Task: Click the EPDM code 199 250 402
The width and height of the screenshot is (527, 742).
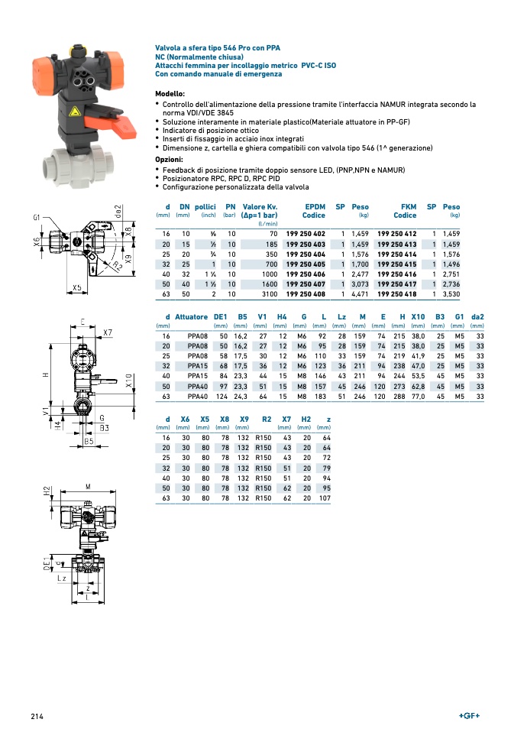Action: [x=306, y=234]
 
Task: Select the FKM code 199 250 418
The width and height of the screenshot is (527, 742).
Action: [x=397, y=294]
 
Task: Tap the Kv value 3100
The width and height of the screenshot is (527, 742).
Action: [x=270, y=294]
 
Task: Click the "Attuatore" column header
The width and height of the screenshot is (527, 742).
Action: [x=191, y=317]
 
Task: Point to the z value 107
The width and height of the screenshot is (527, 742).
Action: [x=325, y=498]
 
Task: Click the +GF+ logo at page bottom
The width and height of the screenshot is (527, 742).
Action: [x=469, y=716]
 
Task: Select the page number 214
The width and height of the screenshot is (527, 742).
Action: [x=37, y=717]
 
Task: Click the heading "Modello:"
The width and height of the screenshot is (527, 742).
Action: [x=170, y=94]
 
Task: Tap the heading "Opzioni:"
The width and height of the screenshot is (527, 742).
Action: [x=169, y=160]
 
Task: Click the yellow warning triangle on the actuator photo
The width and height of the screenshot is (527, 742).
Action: [x=74, y=112]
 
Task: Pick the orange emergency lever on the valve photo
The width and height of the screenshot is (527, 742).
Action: [x=112, y=122]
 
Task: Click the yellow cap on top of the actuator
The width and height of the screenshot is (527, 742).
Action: [x=74, y=49]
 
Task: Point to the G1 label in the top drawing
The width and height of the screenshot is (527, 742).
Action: [x=37, y=218]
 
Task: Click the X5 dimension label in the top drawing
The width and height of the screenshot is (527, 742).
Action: [x=76, y=288]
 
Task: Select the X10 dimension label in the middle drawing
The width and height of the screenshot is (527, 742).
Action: [x=129, y=381]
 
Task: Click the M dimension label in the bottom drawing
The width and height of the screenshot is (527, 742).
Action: [x=88, y=487]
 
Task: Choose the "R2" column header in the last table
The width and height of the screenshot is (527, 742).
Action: [x=267, y=420]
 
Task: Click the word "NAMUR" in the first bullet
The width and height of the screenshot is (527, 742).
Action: [x=393, y=105]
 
